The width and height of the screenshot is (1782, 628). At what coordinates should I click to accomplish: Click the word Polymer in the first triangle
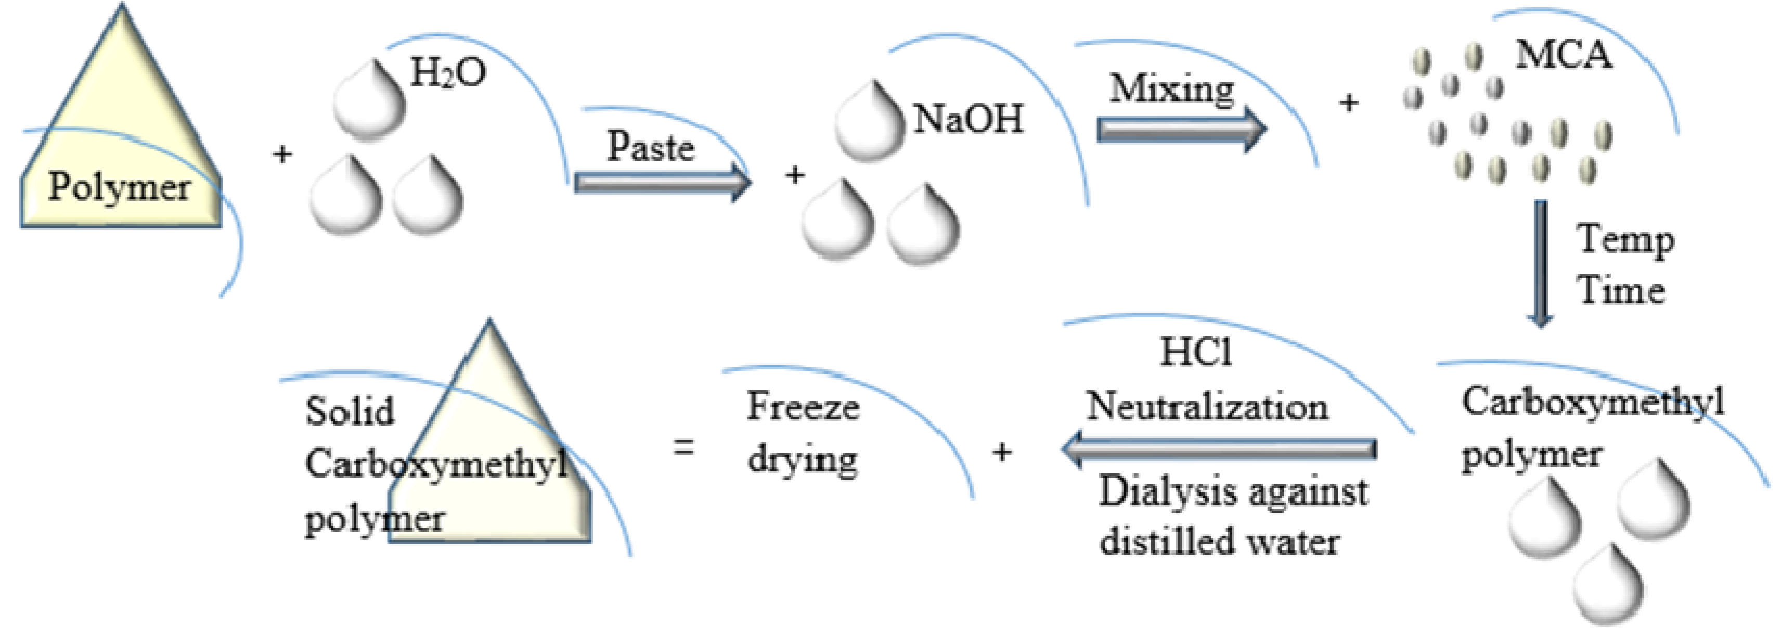pyautogui.click(x=119, y=187)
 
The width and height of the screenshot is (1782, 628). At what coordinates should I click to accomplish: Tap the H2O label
pyautogui.click(x=447, y=73)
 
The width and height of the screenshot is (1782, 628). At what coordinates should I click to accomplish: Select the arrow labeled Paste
pyautogui.click(x=662, y=182)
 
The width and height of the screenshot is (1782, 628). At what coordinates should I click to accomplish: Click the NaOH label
pyautogui.click(x=968, y=119)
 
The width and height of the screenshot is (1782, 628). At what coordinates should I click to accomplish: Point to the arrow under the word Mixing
pyautogui.click(x=1180, y=130)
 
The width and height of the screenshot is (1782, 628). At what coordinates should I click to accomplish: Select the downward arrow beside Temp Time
pyautogui.click(x=1541, y=263)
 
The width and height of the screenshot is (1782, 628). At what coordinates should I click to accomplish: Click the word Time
pyautogui.click(x=1621, y=290)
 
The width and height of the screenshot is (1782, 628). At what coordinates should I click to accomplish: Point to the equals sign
pyautogui.click(x=683, y=447)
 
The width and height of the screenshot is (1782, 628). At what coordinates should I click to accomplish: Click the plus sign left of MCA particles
pyautogui.click(x=1348, y=104)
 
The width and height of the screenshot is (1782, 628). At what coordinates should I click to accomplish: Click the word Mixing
pyautogui.click(x=1172, y=89)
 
